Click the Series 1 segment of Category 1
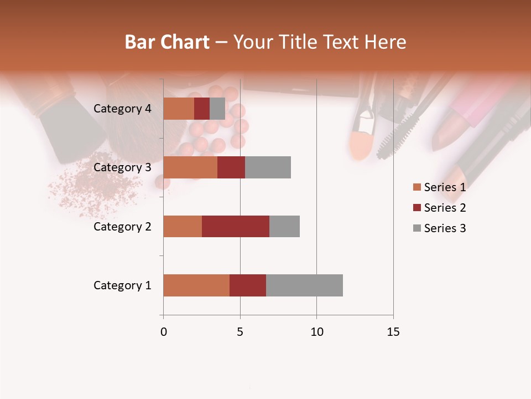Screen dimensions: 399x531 (x=196, y=285)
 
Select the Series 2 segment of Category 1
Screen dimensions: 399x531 (x=248, y=285)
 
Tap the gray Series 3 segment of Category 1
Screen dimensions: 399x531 (x=304, y=285)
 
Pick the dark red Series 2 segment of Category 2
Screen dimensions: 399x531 (x=236, y=226)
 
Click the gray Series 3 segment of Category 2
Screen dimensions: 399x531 (x=284, y=226)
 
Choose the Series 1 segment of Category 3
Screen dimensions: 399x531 (x=190, y=167)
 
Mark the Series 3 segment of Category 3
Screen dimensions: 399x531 (x=268, y=167)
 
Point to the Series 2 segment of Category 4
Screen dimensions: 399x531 (x=202, y=109)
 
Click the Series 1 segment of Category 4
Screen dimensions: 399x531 (x=179, y=109)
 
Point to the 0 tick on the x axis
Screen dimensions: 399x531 (x=163, y=332)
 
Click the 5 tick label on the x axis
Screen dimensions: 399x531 (x=240, y=332)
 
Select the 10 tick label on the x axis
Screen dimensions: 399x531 (x=316, y=332)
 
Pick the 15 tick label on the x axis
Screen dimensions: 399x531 (x=393, y=332)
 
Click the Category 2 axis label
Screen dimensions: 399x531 (x=122, y=226)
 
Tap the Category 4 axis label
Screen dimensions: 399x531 (x=122, y=109)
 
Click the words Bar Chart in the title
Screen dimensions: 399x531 (x=167, y=42)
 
